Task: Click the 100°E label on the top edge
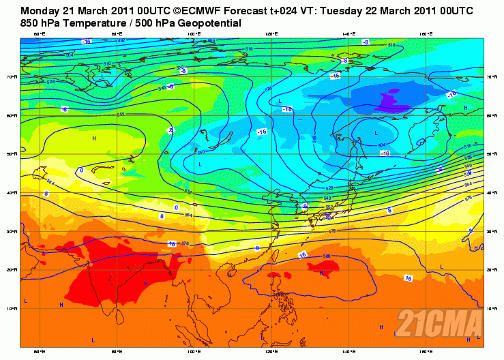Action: (194, 33)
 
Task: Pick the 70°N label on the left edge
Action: (15, 77)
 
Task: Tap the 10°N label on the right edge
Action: (490, 308)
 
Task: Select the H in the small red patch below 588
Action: (321, 273)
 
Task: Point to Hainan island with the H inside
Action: (230, 275)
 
